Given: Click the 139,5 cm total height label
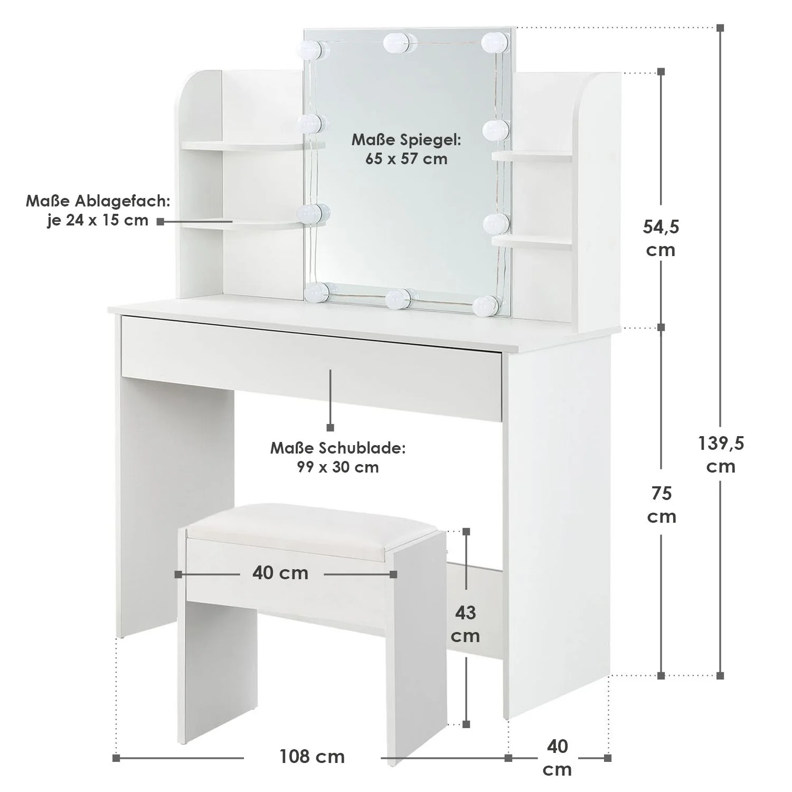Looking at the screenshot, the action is click(721, 455).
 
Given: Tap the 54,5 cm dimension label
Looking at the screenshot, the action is click(661, 238).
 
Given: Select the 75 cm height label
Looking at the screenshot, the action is click(662, 504).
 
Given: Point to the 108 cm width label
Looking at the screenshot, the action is click(312, 757).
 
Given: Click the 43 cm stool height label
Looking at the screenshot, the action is click(465, 624).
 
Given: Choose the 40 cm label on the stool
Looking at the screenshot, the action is click(280, 573).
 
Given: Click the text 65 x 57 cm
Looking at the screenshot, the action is click(406, 158).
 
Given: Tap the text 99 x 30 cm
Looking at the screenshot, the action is click(338, 467).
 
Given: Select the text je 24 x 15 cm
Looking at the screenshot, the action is click(98, 220).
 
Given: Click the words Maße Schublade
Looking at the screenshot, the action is click(338, 448).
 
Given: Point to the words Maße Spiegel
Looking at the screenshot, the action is click(407, 140).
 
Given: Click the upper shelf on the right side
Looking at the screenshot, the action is click(532, 156).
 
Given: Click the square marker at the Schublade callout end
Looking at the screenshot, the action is click(331, 427).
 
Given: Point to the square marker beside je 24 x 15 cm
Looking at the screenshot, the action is click(160, 222).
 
